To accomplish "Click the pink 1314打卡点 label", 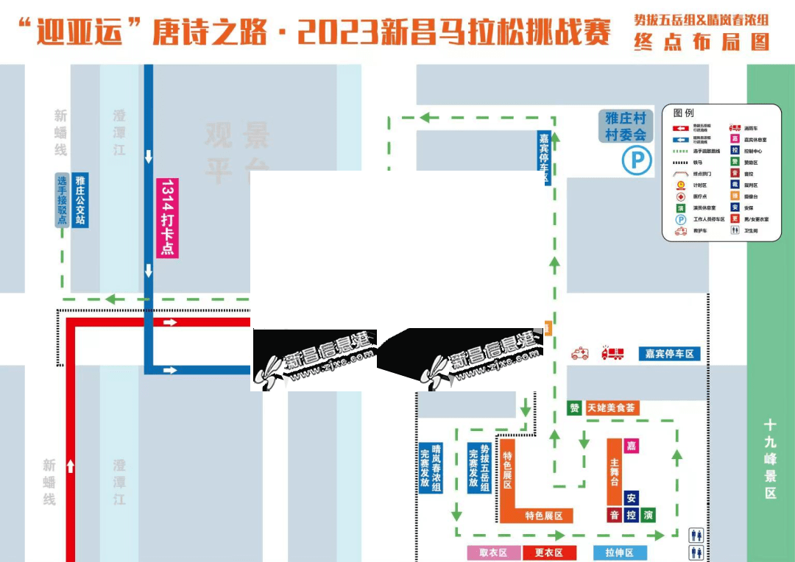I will tap(167, 218).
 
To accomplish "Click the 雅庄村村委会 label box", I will tap(625, 126).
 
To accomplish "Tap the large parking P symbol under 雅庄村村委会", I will tap(637, 160).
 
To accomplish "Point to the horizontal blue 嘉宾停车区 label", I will tap(669, 354).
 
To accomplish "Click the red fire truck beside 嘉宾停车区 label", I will tap(612, 354).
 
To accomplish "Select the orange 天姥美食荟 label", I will tap(612, 408).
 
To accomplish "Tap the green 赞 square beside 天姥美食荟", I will tap(574, 408).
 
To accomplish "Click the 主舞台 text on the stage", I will tap(615, 472).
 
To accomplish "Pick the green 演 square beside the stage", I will tap(648, 515).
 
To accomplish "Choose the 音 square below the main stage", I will tap(615, 515).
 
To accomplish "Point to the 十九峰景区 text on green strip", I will tap(770, 459).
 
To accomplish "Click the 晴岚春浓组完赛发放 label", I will tap(431, 467).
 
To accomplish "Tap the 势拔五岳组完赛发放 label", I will tap(478, 468).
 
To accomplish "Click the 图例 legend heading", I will tap(683, 113).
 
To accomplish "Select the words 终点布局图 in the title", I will tap(702, 43).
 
